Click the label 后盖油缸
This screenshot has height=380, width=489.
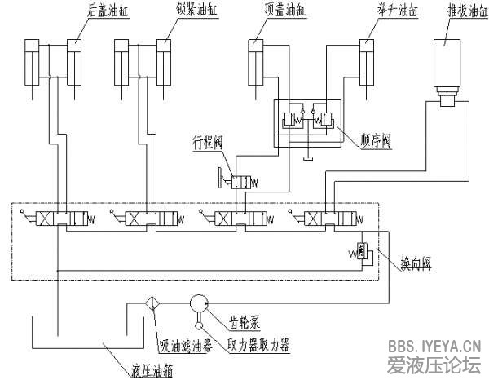[106, 11]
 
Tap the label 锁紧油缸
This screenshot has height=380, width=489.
[192, 11]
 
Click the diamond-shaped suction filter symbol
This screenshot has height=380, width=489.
[151, 303]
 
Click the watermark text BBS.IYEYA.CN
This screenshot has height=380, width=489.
[435, 346]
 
